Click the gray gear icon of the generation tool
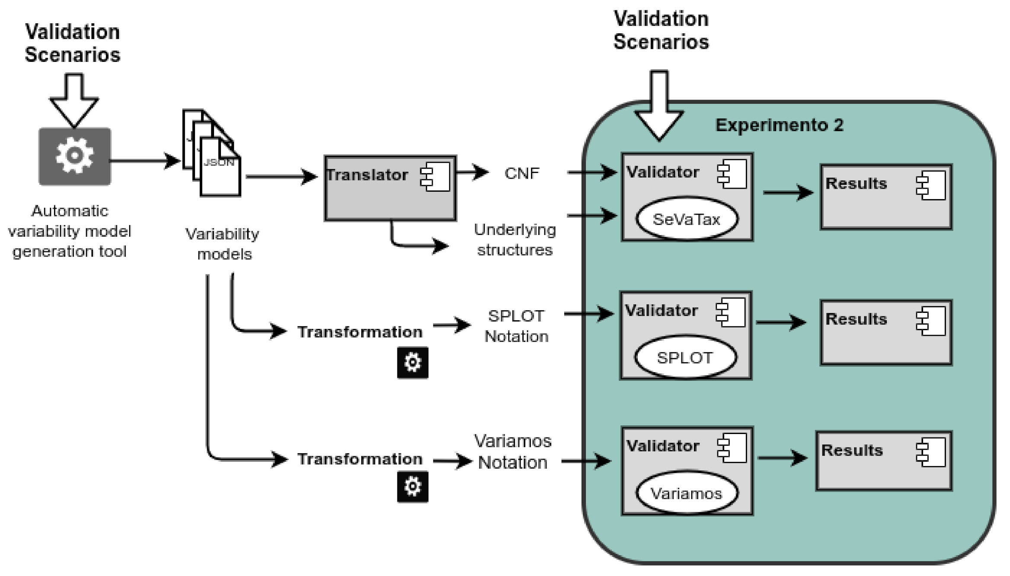click(x=75, y=156)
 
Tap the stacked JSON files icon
click(x=211, y=153)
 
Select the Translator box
click(x=390, y=188)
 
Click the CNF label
click(x=522, y=174)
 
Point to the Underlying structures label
click(x=515, y=240)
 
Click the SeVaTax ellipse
click(x=687, y=219)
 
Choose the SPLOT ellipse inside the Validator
click(x=685, y=357)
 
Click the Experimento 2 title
click(x=780, y=125)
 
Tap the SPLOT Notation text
click(x=516, y=326)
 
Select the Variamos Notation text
click(x=513, y=452)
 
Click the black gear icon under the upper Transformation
click(x=412, y=363)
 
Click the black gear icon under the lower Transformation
click(x=412, y=487)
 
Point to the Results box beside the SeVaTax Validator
click(x=886, y=196)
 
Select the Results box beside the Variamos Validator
click(x=884, y=460)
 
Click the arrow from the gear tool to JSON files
click(x=145, y=161)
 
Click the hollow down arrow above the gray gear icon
click(x=74, y=100)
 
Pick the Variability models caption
click(x=223, y=244)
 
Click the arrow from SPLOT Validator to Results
click(x=781, y=322)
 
